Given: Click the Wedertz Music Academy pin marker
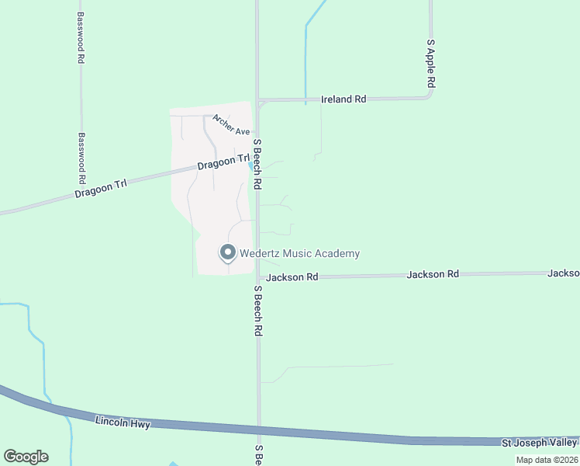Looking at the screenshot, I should tap(228, 253).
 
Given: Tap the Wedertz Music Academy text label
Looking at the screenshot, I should tap(299, 254).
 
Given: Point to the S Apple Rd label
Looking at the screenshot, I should tap(431, 64).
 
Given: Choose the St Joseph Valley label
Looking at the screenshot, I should tap(540, 443).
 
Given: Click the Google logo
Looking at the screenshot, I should tap(26, 456).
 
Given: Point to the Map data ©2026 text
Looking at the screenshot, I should tap(546, 460).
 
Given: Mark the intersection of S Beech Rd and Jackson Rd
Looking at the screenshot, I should tap(258, 276).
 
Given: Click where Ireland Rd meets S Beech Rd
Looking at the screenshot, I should tap(258, 100).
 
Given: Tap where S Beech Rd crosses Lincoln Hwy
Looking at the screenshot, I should tap(258, 429).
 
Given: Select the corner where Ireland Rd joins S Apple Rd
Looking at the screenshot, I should tap(431, 97).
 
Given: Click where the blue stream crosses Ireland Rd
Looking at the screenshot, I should tap(306, 99).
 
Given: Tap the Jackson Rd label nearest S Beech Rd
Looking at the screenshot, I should tap(292, 276).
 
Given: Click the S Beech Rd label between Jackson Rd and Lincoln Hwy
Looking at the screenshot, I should tap(258, 310).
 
